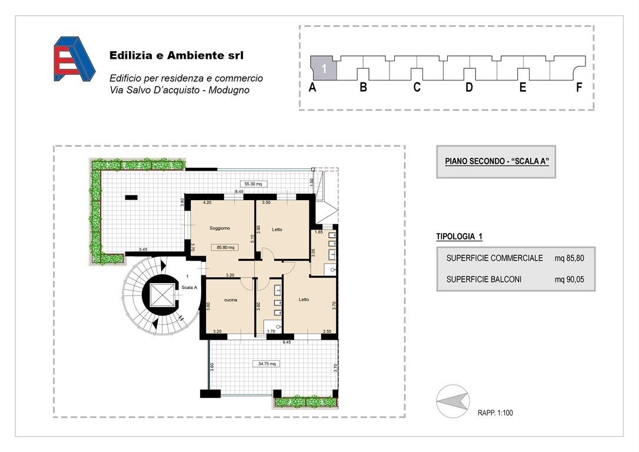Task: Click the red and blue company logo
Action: (x=74, y=59)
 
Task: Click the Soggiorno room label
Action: (x=219, y=228)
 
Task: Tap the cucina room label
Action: (x=231, y=300)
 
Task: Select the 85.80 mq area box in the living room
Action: (x=225, y=247)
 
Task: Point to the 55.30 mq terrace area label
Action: (x=253, y=184)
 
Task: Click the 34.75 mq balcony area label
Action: (x=267, y=364)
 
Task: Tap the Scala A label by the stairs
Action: (x=189, y=287)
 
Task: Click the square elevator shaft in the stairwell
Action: (x=162, y=295)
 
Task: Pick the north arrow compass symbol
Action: (x=452, y=401)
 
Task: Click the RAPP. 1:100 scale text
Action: (x=495, y=413)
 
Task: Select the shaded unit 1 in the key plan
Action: (x=324, y=68)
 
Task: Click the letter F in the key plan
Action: (x=578, y=87)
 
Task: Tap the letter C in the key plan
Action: (x=417, y=87)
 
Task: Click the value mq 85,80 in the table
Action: (x=569, y=258)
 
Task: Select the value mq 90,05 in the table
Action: (x=569, y=280)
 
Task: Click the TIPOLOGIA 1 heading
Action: (x=460, y=237)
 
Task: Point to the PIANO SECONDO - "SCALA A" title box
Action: (x=496, y=162)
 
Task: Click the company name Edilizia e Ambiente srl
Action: (x=177, y=55)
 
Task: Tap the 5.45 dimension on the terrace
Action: (x=143, y=250)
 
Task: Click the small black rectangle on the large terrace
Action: (x=131, y=198)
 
